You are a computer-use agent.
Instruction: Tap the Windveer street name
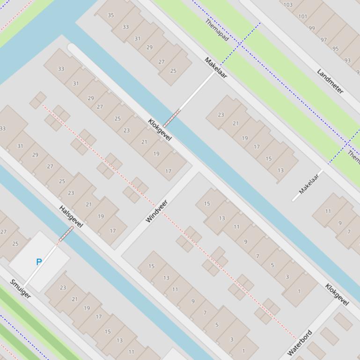click(x=157, y=211)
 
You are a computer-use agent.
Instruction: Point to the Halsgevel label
click(x=71, y=217)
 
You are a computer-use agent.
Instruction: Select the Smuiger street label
click(x=21, y=289)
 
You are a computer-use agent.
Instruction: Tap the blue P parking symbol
click(x=39, y=262)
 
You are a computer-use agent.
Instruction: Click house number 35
click(x=111, y=15)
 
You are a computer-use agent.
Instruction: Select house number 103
click(x=288, y=5)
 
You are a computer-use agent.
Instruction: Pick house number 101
click(x=303, y=16)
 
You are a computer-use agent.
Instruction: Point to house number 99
click(x=312, y=28)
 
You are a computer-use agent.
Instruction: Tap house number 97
click(x=323, y=40)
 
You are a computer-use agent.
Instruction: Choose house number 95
click(x=335, y=49)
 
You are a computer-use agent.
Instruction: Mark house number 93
click(x=347, y=60)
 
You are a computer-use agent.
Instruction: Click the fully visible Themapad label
click(x=217, y=30)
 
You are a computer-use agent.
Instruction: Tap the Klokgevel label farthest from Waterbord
click(x=160, y=130)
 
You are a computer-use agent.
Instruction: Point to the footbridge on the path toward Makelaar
click(x=171, y=118)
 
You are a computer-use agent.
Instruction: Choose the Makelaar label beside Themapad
click(x=216, y=68)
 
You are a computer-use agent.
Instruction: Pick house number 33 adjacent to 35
click(x=125, y=27)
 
